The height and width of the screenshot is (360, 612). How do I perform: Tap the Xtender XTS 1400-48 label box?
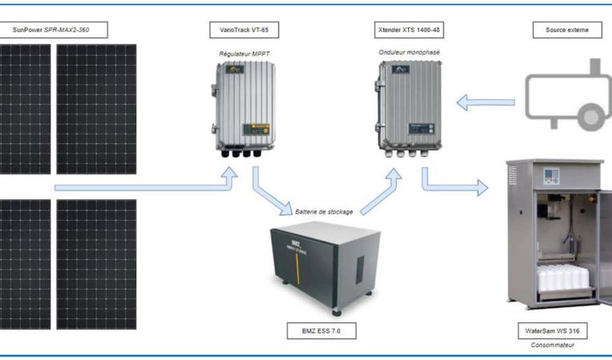click(408, 30)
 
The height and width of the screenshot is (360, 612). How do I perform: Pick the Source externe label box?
click(567, 30)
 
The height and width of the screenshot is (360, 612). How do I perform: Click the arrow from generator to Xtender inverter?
click(485, 102)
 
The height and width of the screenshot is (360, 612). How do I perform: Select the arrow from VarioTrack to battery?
click(270, 196)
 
